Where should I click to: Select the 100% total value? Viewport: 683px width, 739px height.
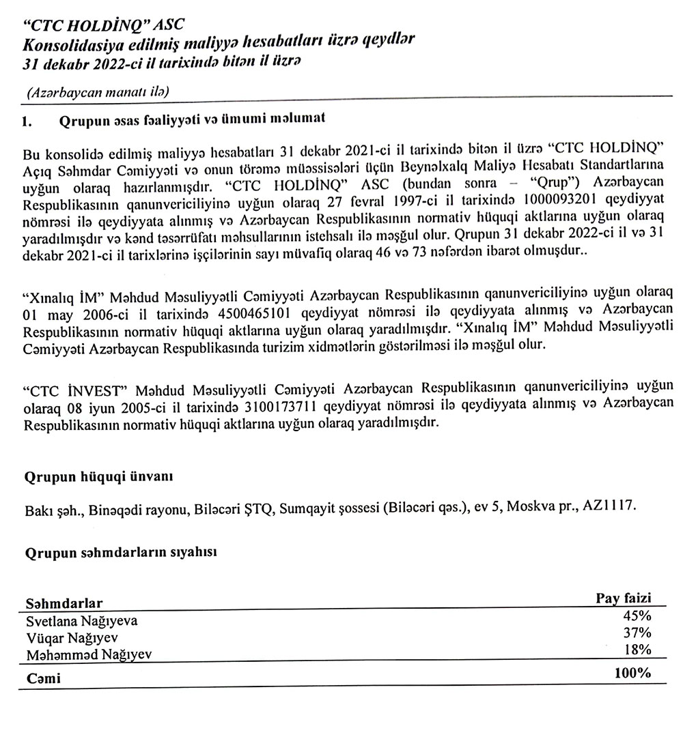coord(632,673)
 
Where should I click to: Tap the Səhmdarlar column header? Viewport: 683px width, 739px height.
coord(64,604)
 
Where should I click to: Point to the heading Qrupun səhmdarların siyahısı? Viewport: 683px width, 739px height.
coord(120,554)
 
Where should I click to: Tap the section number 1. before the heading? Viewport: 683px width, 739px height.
coord(28,121)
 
